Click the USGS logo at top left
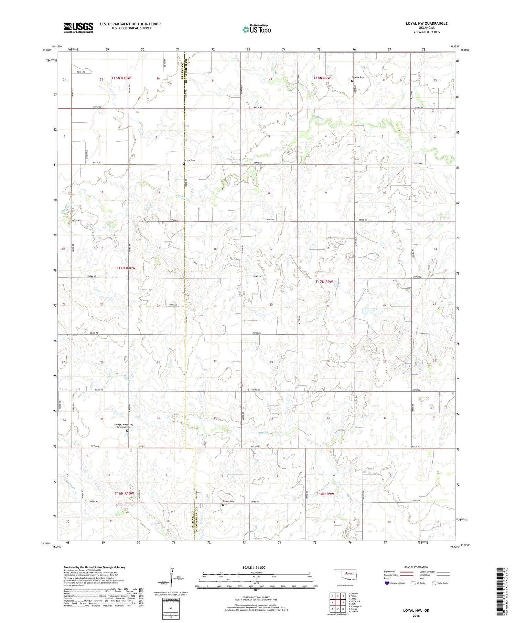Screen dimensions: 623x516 click(x=78, y=27)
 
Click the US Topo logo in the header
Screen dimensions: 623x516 click(x=256, y=30)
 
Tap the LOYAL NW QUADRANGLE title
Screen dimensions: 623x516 click(x=427, y=23)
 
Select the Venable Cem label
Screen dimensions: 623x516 click(x=358, y=77)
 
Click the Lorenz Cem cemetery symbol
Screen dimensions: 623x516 click(x=184, y=164)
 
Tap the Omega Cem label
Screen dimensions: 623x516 click(x=229, y=501)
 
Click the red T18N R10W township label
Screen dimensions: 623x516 click(x=121, y=78)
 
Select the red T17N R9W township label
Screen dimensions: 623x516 click(x=324, y=282)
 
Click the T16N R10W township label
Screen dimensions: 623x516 click(x=124, y=493)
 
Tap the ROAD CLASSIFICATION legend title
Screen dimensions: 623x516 click(x=416, y=567)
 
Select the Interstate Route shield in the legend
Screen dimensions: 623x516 click(x=387, y=583)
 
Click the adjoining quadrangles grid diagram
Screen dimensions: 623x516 click(x=338, y=603)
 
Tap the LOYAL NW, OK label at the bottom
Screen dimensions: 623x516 click(x=416, y=610)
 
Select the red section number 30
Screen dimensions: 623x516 click(x=215, y=361)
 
